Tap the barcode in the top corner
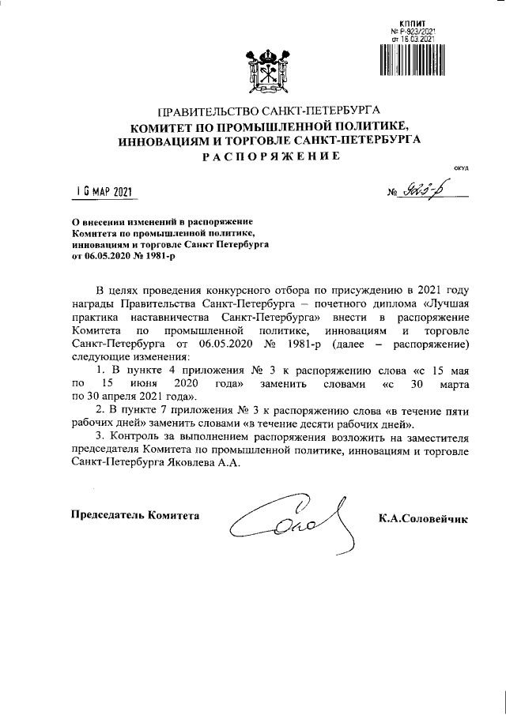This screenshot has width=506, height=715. click(406, 59)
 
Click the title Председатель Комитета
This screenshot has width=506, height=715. click(135, 515)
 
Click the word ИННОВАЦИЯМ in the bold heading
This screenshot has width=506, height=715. click(163, 140)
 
